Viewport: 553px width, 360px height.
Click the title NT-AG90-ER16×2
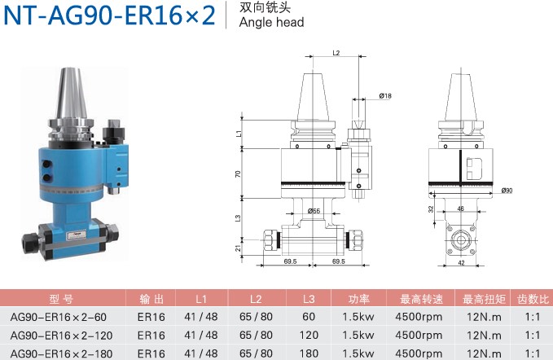point(109,15)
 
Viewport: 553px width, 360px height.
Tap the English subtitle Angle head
point(271,22)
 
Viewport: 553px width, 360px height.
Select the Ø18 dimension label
point(385,95)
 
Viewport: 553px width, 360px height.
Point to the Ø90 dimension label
point(507,191)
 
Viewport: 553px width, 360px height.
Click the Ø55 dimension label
point(314,211)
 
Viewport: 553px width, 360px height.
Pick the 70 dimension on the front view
point(238,173)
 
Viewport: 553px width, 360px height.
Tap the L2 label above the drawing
point(336,53)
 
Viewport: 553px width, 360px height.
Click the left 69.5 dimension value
point(290,261)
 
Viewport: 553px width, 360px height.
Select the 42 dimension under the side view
point(461,263)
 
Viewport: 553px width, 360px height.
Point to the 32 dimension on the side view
point(431,209)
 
